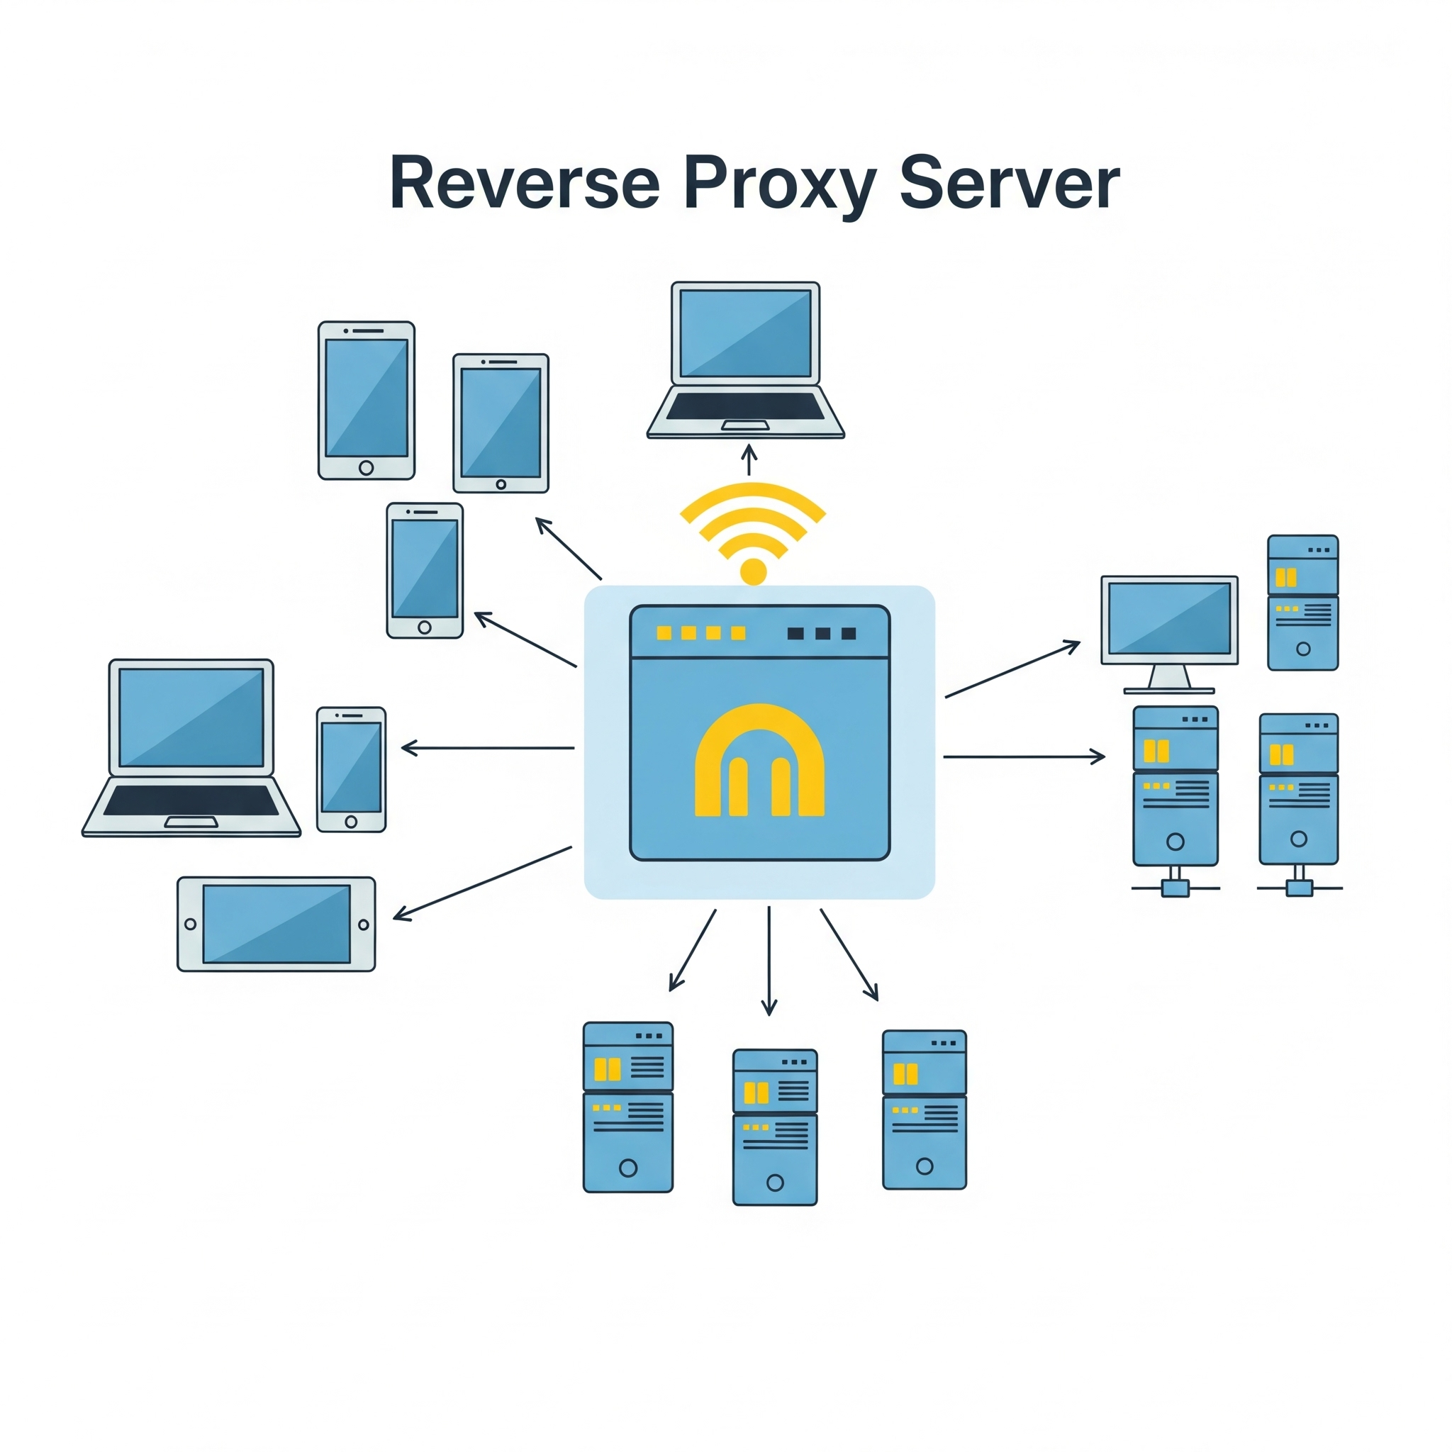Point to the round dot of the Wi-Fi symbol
(753, 571)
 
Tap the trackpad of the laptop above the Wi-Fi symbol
(746, 425)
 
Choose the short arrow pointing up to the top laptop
(749, 459)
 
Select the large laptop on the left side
(191, 747)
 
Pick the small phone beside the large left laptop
(351, 769)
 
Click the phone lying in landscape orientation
(276, 924)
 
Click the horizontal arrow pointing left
(488, 748)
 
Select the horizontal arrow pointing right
(1024, 756)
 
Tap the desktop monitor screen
(1169, 618)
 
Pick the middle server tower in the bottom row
(775, 1127)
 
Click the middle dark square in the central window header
(822, 634)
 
